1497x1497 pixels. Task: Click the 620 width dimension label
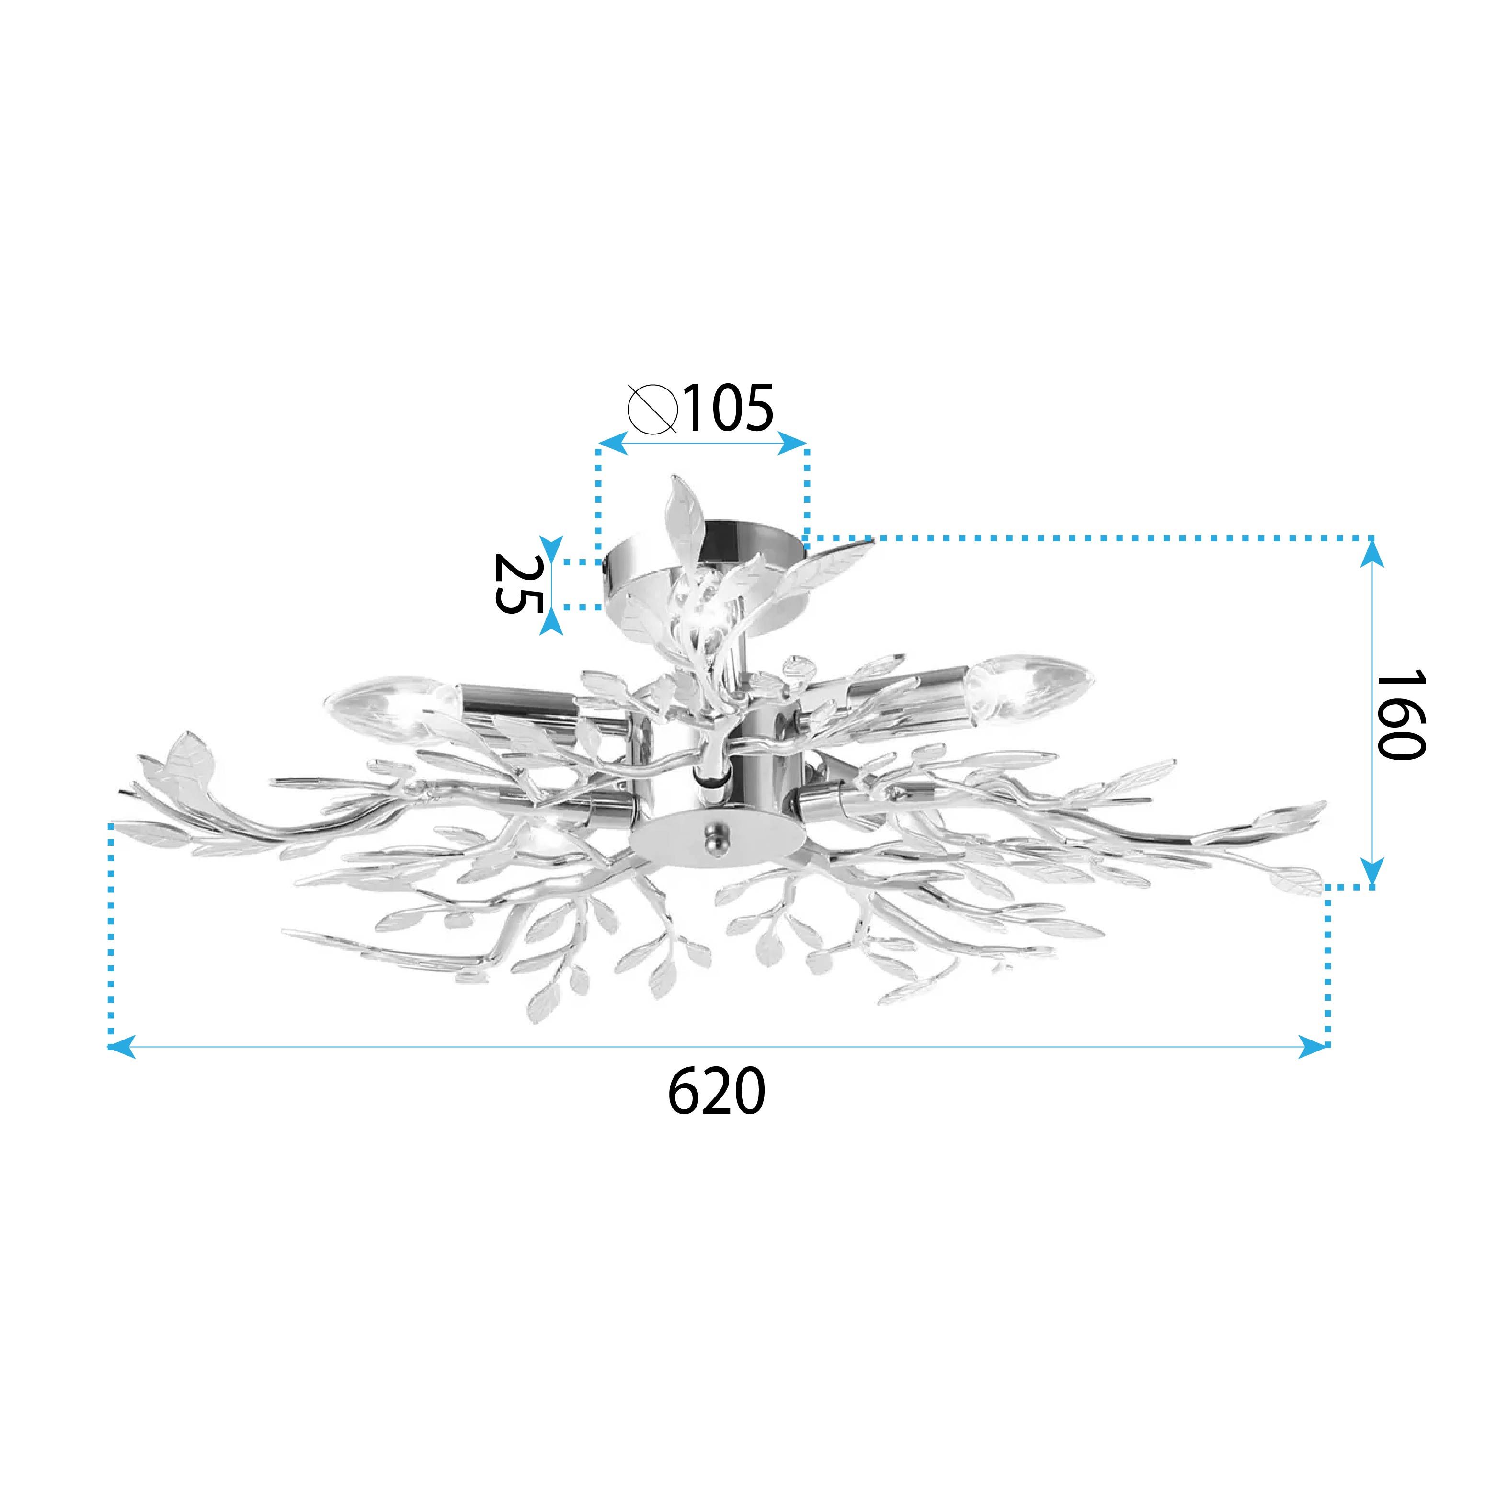pos(717,1091)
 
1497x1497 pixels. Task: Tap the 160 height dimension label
pos(1400,715)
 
